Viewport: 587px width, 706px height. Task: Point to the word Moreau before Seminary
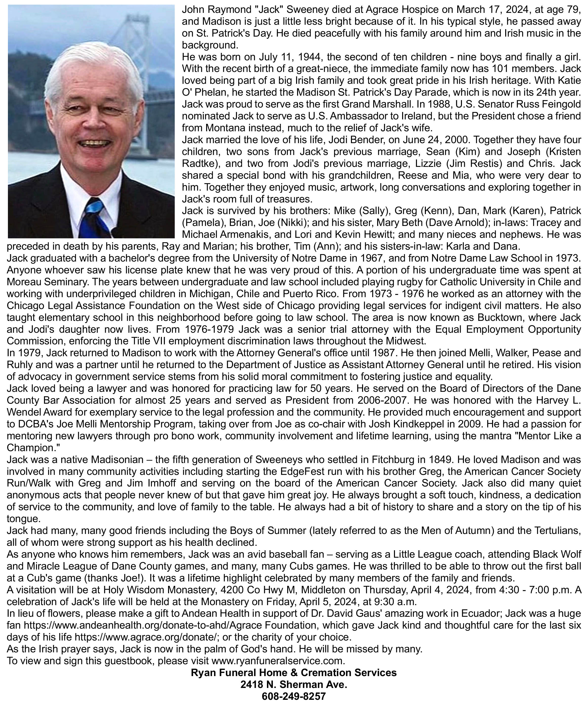[24, 282]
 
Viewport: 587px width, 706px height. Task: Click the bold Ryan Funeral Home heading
[294, 673]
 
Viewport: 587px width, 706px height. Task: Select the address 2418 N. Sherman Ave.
[294, 684]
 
